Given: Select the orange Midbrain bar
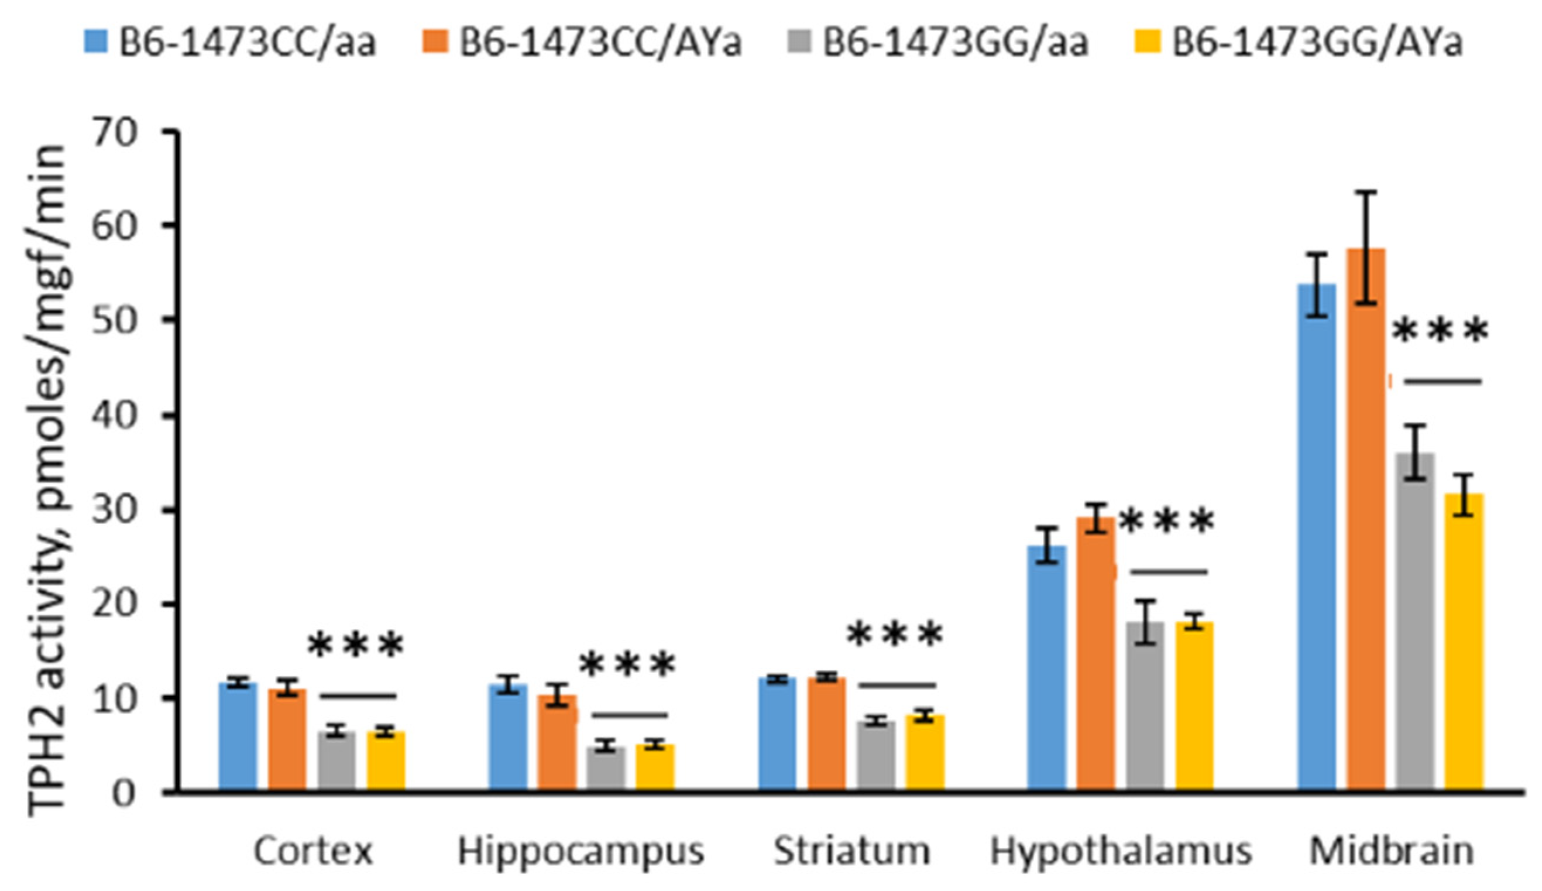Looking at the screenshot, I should (x=1365, y=520).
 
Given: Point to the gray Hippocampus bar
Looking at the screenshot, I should (x=606, y=769).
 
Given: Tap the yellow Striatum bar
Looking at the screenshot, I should (x=924, y=753).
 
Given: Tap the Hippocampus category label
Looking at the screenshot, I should (x=581, y=851).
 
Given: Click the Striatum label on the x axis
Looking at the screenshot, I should (x=851, y=851).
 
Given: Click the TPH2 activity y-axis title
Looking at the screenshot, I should (x=46, y=481).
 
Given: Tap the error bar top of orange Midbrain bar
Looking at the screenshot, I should (x=1365, y=192).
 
